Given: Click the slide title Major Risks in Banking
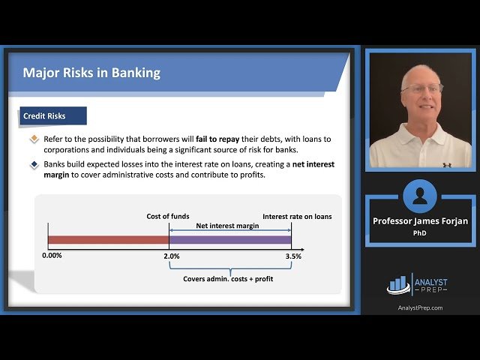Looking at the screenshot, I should pos(91,73).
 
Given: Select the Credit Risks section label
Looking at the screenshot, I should pos(44,116).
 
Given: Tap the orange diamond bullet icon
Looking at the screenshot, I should pos(34,139).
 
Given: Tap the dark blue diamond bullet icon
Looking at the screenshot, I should pos(34,164).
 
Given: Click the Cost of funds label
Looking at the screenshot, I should pos(169,217).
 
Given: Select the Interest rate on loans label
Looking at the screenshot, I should pos(297,217).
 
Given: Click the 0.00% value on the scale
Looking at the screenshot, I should pos(52,256).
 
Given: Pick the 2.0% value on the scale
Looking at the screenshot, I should pos(171,256).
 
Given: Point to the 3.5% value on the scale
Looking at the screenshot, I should pos(292,256).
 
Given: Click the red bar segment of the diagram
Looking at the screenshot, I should pos(109,240).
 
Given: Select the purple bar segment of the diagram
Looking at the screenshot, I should pos(230,240).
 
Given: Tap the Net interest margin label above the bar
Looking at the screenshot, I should pos(229,225).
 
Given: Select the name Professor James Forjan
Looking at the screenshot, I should pos(419,220).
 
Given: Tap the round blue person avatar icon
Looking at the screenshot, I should pos(420,196).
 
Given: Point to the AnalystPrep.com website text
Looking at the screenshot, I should pos(419,307).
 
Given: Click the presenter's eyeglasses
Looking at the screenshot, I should pos(421,88).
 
